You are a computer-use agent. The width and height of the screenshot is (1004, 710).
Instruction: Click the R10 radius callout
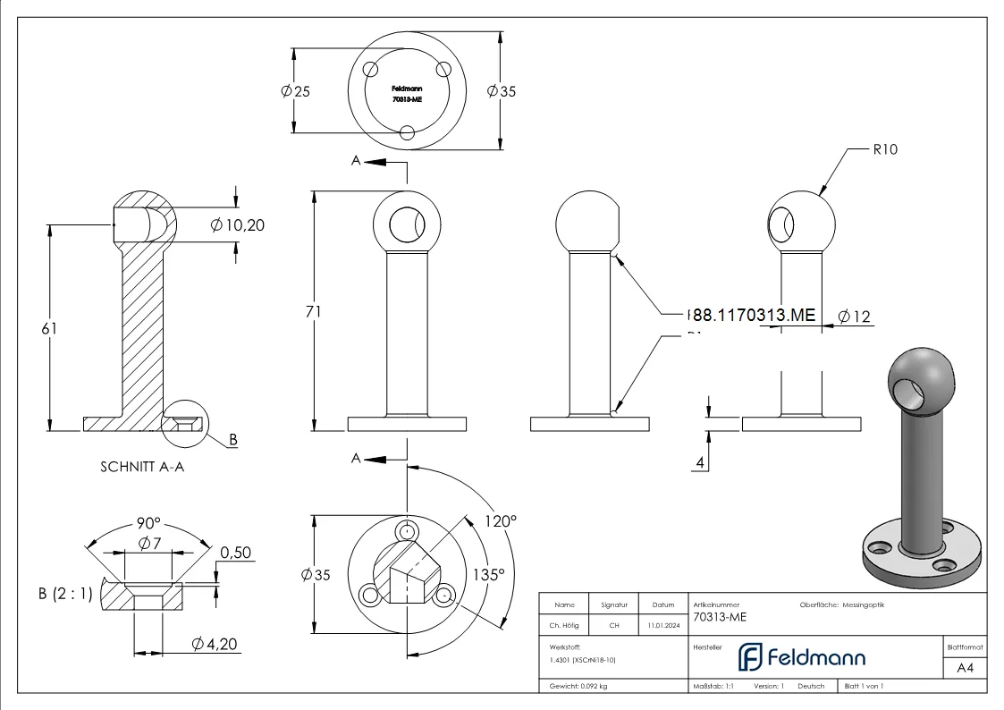pos(884,149)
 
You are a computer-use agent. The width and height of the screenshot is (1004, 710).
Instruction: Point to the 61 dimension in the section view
pos(49,328)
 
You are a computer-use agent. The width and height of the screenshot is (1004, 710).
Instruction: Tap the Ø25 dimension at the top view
pos(296,92)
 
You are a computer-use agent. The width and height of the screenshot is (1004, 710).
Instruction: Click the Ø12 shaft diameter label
pos(854,316)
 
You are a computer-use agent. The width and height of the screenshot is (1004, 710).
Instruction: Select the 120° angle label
pos(501,520)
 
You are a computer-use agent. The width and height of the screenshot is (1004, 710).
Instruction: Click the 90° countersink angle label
pos(148,523)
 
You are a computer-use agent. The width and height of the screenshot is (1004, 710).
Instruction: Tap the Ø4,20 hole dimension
pos(215,644)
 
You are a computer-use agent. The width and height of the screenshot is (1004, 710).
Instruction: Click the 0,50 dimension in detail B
pos(235,553)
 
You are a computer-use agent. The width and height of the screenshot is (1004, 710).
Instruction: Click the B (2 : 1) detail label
pos(65,593)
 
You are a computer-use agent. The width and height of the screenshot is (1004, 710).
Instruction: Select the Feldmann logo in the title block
pos(802,657)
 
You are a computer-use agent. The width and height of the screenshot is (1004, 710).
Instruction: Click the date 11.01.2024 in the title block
pos(662,626)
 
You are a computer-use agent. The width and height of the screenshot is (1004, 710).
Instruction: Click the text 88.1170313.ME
pos(753,315)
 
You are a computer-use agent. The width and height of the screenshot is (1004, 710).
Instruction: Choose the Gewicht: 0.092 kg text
pos(578,686)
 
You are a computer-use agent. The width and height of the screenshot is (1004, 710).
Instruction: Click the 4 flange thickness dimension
pos(702,462)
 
